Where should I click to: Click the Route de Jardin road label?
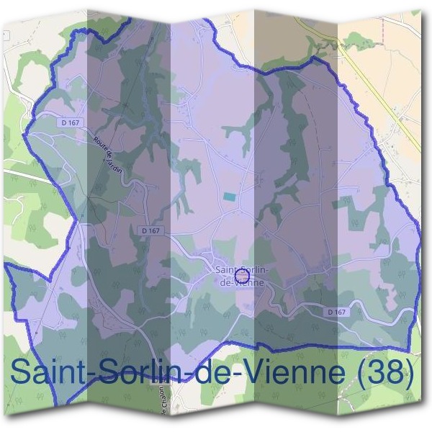(105, 153)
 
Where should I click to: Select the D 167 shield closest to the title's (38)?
(336, 312)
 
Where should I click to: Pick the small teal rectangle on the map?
(229, 197)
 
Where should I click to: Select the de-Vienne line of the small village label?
(240, 282)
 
